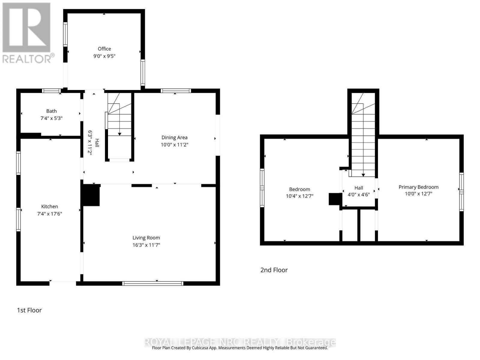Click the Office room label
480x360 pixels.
(x=104, y=49)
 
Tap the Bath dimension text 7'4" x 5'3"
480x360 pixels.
(x=51, y=118)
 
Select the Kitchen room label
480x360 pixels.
(x=49, y=206)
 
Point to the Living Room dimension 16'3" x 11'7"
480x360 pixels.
(x=146, y=245)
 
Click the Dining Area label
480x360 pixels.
(x=174, y=137)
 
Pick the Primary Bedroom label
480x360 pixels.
(x=418, y=187)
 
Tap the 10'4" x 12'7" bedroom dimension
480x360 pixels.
(x=299, y=196)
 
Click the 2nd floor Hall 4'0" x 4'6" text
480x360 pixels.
(x=358, y=194)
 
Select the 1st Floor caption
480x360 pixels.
(x=29, y=310)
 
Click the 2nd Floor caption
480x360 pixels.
(x=274, y=270)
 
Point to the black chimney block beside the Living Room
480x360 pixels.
(x=91, y=195)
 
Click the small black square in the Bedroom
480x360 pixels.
(x=335, y=199)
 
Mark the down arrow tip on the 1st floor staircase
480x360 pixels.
(x=119, y=134)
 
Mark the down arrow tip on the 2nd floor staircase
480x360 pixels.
(x=363, y=175)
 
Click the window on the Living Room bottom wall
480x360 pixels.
(x=153, y=283)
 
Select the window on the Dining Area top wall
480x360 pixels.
(x=175, y=91)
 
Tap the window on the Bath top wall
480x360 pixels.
(x=51, y=91)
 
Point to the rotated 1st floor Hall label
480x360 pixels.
(x=97, y=142)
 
